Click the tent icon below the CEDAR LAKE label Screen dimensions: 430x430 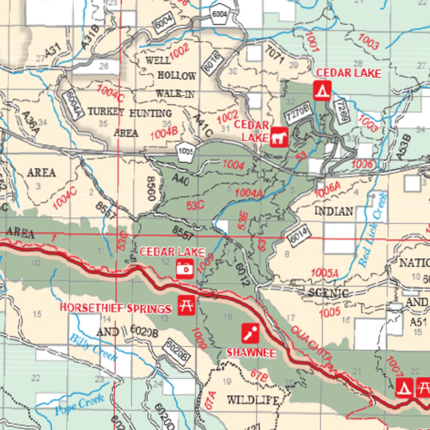pos(322,90)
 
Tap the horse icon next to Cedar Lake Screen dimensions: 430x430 pos(279,138)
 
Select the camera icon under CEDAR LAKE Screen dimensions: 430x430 pos(184,268)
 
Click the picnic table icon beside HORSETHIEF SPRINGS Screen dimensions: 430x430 pos(185,305)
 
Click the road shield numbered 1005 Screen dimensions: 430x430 pos(185,152)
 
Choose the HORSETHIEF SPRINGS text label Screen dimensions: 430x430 pos(115,308)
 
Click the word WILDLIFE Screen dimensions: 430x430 pos(253,400)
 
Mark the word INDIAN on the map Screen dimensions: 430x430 pos(334,211)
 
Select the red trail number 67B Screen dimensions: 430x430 pos(259,375)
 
